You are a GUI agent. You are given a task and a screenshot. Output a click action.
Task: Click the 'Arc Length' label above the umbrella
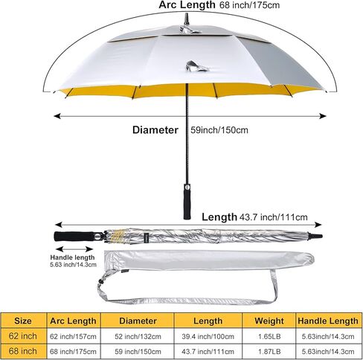[187, 4]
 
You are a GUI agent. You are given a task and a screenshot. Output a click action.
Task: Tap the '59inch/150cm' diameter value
[219, 130]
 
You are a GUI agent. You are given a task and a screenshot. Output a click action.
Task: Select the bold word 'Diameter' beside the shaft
[155, 130]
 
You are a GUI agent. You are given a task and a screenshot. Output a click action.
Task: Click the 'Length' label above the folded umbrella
[219, 217]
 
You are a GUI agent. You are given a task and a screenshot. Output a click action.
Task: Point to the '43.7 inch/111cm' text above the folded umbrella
[274, 217]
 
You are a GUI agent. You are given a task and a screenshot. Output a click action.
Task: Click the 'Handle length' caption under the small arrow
[72, 257]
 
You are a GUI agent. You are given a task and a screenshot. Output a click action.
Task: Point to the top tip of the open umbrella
[187, 14]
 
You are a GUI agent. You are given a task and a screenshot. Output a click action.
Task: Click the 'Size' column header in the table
[23, 321]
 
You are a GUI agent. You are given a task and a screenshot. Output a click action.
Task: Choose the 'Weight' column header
[269, 321]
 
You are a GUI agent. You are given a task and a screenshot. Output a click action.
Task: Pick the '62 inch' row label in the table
[23, 336]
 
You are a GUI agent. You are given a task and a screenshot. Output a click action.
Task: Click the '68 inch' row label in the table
[23, 351]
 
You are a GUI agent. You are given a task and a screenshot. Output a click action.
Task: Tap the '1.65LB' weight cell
[269, 336]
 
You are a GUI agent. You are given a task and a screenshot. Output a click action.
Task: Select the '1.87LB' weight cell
[269, 351]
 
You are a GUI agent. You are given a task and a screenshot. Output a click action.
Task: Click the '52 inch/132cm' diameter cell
[138, 336]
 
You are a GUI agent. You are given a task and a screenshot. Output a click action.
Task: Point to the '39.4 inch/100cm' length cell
[208, 336]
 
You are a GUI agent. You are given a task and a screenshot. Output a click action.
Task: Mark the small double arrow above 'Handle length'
[74, 249]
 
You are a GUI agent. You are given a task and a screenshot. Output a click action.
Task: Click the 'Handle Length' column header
[328, 321]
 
